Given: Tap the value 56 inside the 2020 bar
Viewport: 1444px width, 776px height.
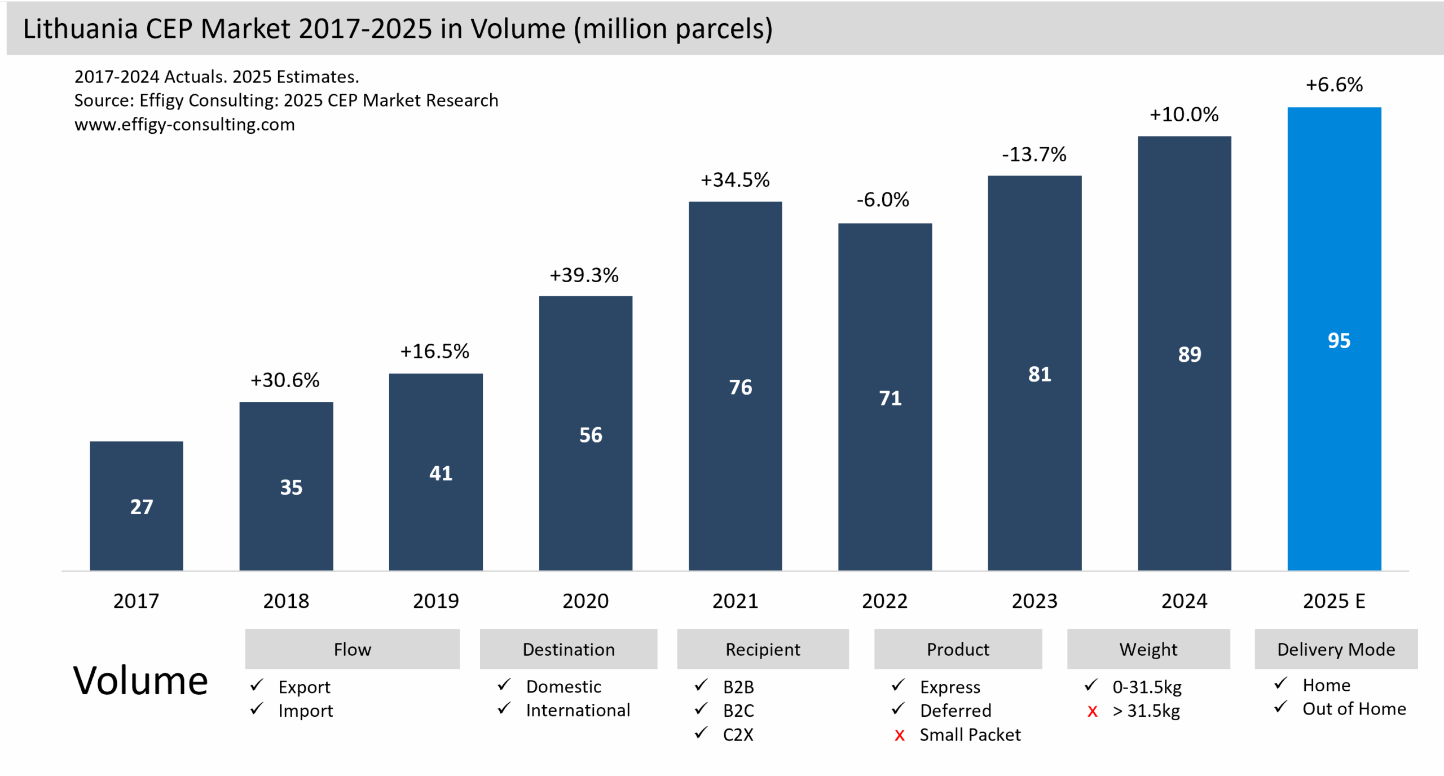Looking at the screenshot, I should click(591, 435).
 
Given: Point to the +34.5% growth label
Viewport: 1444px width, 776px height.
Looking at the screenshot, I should click(735, 180).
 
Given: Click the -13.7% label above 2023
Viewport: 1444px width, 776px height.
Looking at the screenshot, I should click(1034, 154).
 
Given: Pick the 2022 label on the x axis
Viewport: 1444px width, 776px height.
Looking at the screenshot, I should click(884, 601).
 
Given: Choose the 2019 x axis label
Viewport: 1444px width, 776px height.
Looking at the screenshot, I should click(435, 601).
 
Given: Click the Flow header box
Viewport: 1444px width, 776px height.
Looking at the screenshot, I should click(352, 649).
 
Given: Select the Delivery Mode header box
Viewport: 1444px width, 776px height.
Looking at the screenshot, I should click(1336, 649).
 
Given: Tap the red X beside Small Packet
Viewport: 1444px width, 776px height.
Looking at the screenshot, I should click(900, 735).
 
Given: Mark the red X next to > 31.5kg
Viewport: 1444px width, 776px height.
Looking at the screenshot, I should click(1093, 711).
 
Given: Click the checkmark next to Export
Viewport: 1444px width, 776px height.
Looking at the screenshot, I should click(257, 685).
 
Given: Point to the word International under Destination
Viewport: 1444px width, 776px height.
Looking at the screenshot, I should click(578, 710).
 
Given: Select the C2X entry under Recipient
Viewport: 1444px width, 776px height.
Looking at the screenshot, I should click(738, 735).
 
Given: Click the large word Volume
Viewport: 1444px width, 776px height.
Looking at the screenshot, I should click(140, 681).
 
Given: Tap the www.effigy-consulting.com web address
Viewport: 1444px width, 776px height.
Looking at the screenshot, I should click(184, 124).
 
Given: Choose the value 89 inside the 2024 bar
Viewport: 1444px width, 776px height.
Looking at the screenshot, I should click(1190, 354).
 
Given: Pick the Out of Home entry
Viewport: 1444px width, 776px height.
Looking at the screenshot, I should click(1354, 709).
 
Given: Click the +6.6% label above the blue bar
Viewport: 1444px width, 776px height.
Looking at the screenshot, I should click(1334, 85).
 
